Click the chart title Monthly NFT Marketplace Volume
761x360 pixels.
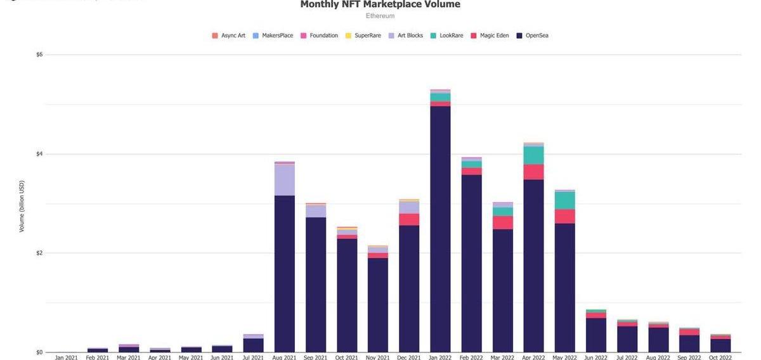tap(380, 4)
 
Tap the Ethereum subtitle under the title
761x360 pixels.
tap(380, 16)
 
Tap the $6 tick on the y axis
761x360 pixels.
tap(39, 55)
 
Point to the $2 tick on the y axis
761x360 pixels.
tap(39, 253)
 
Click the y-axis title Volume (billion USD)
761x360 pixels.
tap(22, 206)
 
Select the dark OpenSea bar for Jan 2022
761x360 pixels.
tap(440, 228)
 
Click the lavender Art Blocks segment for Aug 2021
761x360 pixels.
tap(284, 179)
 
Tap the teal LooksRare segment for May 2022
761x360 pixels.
tap(564, 200)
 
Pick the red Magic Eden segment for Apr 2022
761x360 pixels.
tap(533, 172)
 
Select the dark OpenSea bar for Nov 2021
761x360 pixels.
tap(378, 304)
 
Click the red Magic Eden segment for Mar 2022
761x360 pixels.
tap(502, 222)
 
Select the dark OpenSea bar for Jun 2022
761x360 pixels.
tap(595, 335)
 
